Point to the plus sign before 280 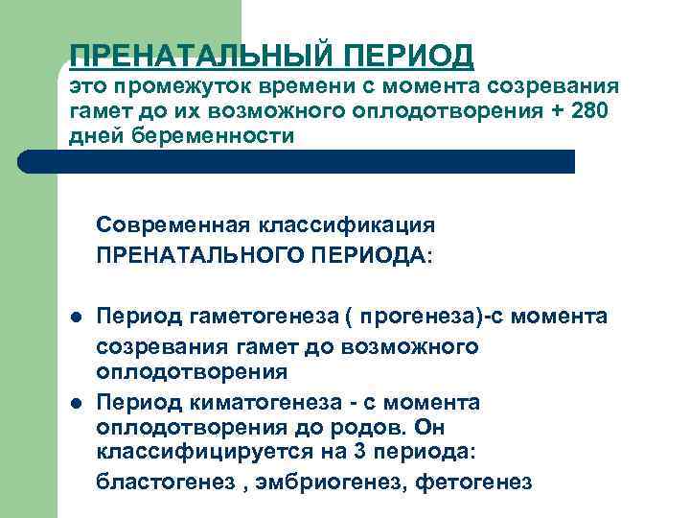click(558, 111)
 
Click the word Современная click(172, 225)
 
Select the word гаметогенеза click(248, 317)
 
